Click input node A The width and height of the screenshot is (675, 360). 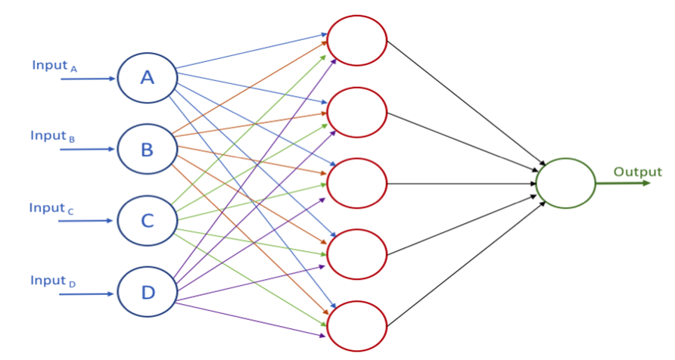pyautogui.click(x=147, y=77)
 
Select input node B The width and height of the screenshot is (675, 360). pyautogui.click(x=147, y=149)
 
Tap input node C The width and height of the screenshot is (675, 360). pyautogui.click(x=147, y=221)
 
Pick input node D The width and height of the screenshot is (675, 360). pyautogui.click(x=147, y=293)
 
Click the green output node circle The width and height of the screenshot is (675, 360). pyautogui.click(x=565, y=183)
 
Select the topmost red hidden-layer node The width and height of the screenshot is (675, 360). pyautogui.click(x=356, y=40)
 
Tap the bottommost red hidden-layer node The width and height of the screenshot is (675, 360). pyautogui.click(x=356, y=326)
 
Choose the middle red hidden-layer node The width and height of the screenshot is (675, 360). pyautogui.click(x=356, y=183)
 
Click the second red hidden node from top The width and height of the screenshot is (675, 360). pyautogui.click(x=356, y=112)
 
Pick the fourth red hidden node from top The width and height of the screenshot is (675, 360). pyautogui.click(x=356, y=255)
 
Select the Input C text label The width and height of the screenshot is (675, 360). pyautogui.click(x=51, y=209)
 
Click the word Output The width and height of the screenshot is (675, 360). pyautogui.click(x=637, y=172)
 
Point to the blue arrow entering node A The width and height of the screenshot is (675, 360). pyautogui.click(x=88, y=78)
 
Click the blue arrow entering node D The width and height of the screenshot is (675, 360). pyautogui.click(x=88, y=293)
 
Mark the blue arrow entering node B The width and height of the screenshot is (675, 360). pyautogui.click(x=88, y=150)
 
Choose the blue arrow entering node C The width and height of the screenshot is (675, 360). pyautogui.click(x=88, y=222)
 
